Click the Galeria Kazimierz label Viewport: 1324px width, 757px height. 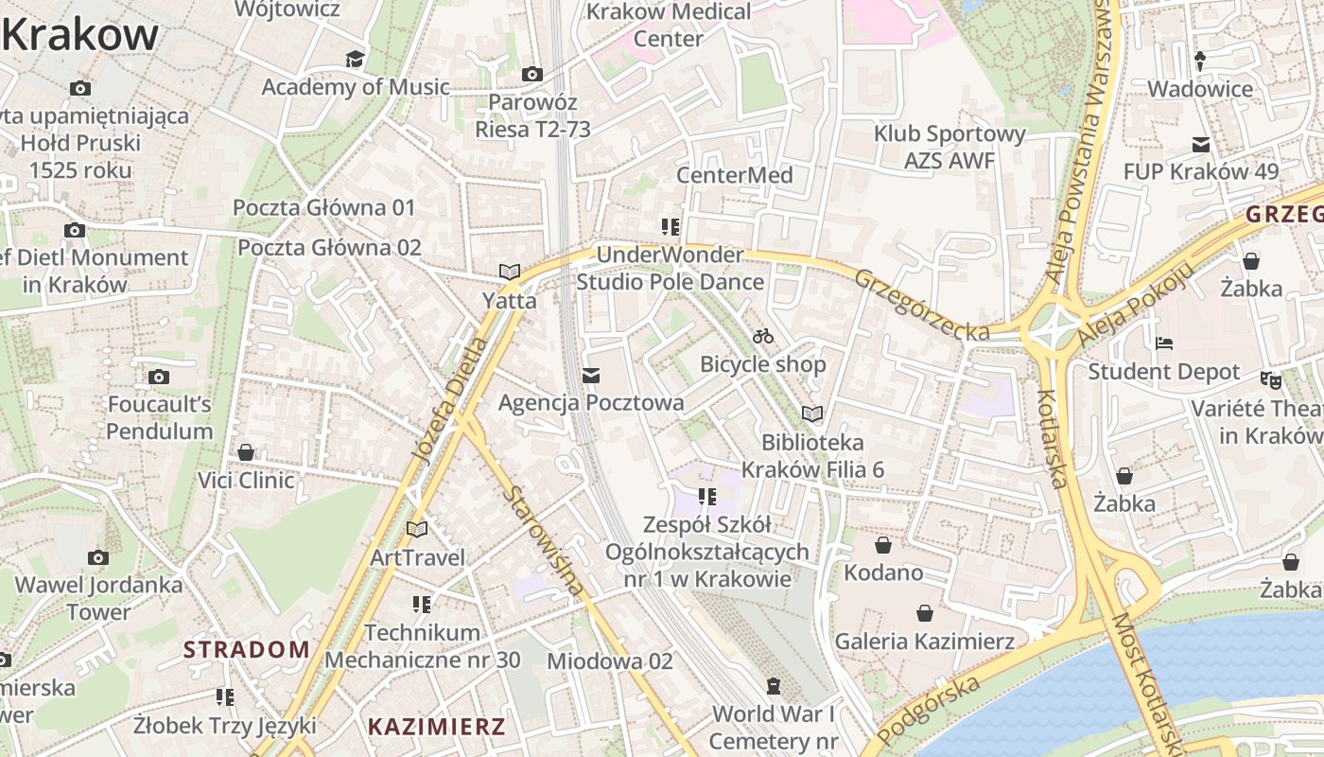[924, 642]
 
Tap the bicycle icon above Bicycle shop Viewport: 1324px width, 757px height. [763, 336]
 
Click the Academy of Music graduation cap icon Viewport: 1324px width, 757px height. [355, 60]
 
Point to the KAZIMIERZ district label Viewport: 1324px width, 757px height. [436, 727]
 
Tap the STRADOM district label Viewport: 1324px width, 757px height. [246, 649]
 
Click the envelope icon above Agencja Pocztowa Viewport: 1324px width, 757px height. [591, 376]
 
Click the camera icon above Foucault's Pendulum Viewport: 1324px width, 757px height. [159, 377]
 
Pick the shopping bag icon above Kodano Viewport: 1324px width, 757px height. [883, 545]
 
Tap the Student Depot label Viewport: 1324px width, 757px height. [1163, 372]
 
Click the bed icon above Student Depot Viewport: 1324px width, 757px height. [1164, 343]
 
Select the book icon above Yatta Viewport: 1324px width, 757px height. [510, 272]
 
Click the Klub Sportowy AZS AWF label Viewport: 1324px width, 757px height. [949, 148]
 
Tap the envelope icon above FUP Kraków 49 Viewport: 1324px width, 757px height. [1201, 145]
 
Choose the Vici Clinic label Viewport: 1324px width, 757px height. [246, 480]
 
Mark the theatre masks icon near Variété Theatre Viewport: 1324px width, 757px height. [1270, 380]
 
